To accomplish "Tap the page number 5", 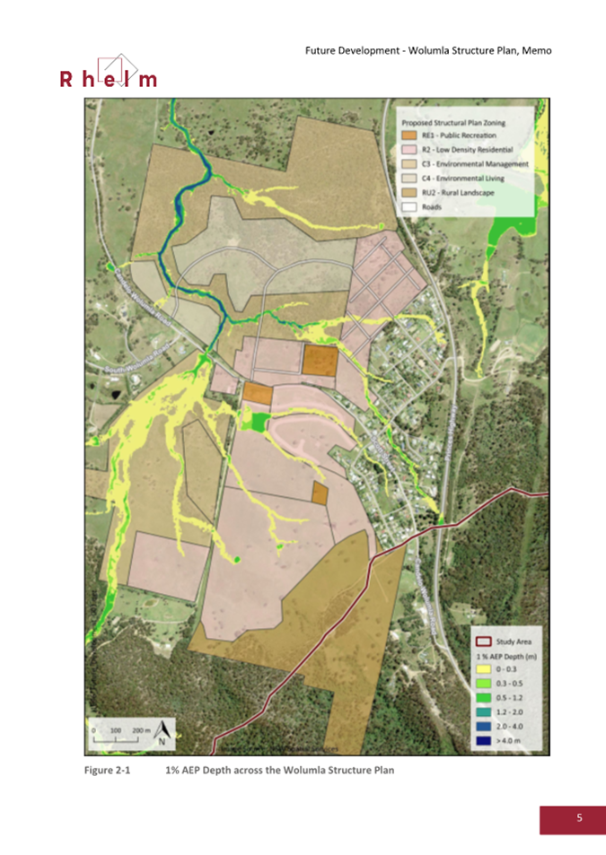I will (579, 818).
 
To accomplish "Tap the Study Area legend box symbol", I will (484, 641).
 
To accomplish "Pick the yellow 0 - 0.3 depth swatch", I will (484, 670).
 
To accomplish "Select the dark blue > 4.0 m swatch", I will (484, 741).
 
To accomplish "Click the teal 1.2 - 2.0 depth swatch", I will (484, 713).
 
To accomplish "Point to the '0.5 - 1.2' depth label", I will (509, 699).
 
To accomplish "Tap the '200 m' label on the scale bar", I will (140, 731).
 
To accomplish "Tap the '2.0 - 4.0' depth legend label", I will (509, 727).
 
